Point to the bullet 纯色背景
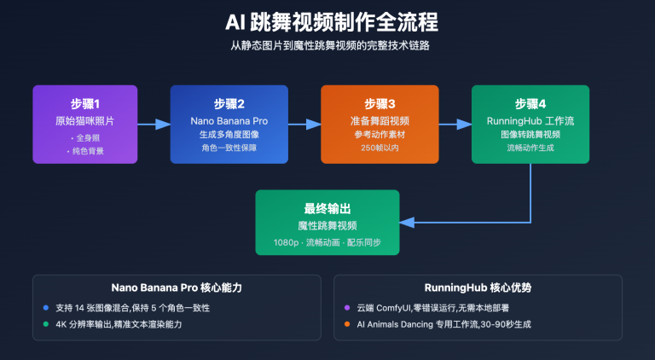click(85, 150)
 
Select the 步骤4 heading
click(530, 103)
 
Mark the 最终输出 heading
click(327, 208)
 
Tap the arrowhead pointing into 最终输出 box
click(406, 222)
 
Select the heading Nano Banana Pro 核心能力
click(177, 287)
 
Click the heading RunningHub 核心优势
click(478, 287)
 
